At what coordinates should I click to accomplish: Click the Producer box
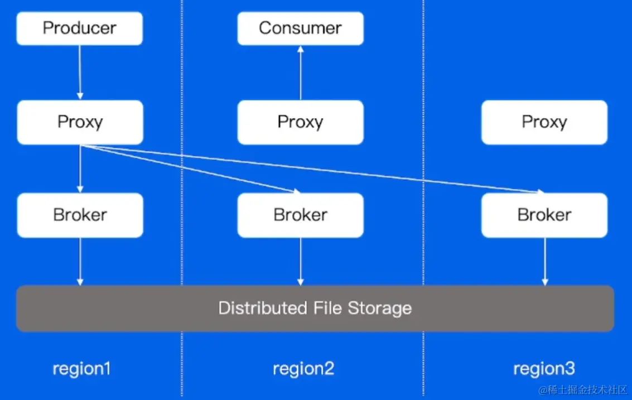pyautogui.click(x=80, y=28)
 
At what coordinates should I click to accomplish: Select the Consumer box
pyautogui.click(x=300, y=28)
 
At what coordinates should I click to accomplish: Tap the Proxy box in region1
pyautogui.click(x=80, y=122)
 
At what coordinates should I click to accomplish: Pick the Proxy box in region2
pyautogui.click(x=300, y=122)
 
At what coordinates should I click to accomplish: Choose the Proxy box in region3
pyautogui.click(x=544, y=122)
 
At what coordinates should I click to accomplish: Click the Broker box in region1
pyautogui.click(x=80, y=215)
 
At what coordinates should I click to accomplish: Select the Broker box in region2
pyautogui.click(x=300, y=215)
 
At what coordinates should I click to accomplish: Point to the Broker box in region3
pyautogui.click(x=544, y=215)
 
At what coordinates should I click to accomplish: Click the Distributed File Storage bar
pyautogui.click(x=315, y=308)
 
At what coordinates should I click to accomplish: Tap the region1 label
pyautogui.click(x=81, y=369)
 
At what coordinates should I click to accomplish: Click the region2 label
pyautogui.click(x=303, y=369)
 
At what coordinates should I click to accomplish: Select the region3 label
pyautogui.click(x=544, y=369)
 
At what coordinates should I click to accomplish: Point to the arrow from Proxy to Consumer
pyautogui.click(x=301, y=73)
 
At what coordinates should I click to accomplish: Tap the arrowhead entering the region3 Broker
pyautogui.click(x=540, y=192)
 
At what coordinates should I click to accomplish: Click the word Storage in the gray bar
pyautogui.click(x=379, y=308)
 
